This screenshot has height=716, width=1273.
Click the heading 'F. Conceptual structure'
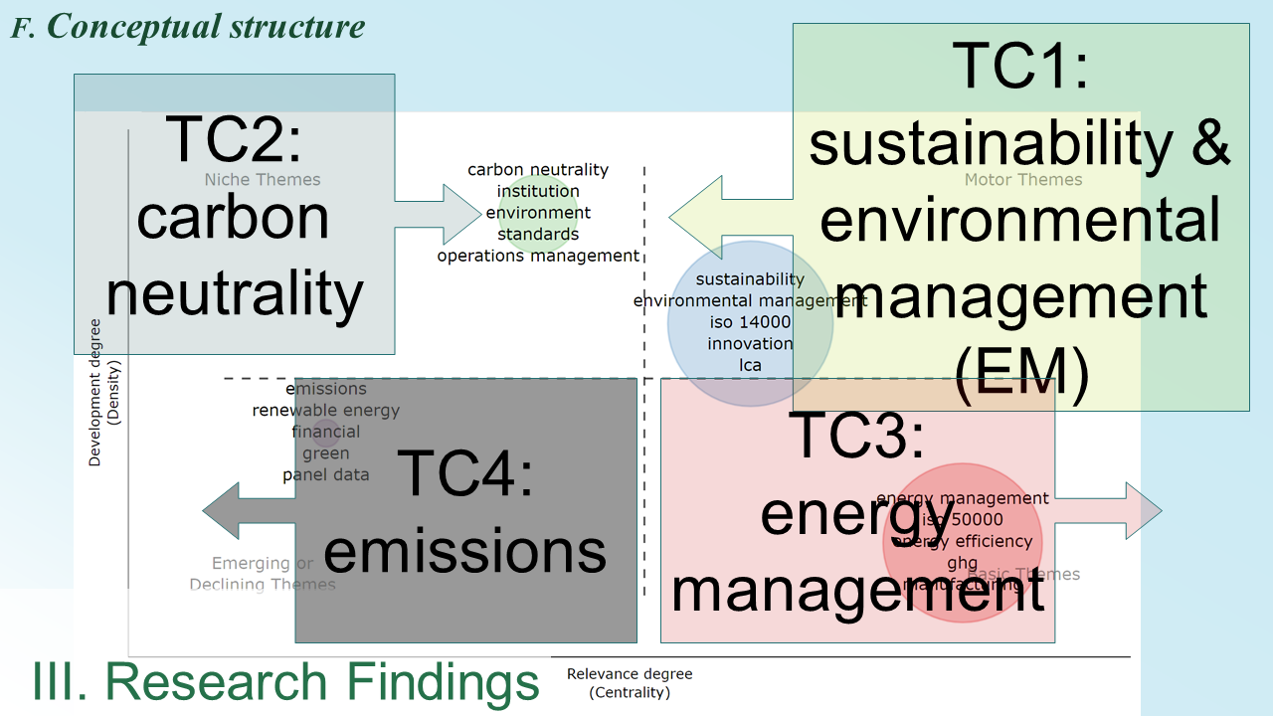click(188, 27)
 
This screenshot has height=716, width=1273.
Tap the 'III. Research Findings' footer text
click(286, 682)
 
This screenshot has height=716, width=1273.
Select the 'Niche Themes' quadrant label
click(263, 180)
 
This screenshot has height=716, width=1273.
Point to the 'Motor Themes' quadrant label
click(1023, 180)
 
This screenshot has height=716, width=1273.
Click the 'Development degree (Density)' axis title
click(102, 392)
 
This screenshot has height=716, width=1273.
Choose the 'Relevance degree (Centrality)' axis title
click(630, 682)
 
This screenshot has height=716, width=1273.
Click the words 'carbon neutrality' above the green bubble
click(538, 170)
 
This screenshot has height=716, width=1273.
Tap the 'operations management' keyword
click(538, 256)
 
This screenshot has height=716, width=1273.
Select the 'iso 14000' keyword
click(750, 322)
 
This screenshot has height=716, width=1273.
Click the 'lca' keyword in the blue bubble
click(750, 365)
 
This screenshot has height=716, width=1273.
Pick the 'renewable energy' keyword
click(325, 410)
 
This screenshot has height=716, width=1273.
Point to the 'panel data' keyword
click(325, 474)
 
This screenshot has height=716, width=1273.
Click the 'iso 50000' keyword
click(963, 519)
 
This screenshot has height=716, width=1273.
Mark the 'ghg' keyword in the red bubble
click(963, 563)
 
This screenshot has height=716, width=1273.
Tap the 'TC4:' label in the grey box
click(465, 473)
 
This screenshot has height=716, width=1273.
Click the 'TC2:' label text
click(234, 138)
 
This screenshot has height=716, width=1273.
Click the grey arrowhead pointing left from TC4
click(221, 511)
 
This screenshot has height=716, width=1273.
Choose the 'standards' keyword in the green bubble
click(538, 235)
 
